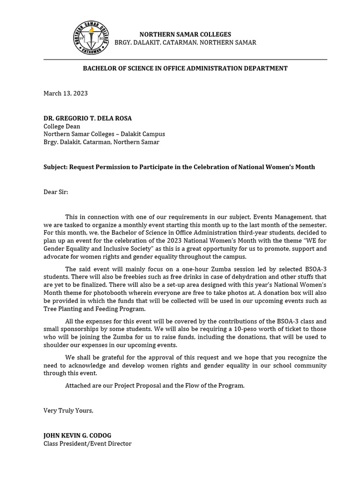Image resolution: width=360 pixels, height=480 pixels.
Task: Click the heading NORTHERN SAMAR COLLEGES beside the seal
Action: (x=185, y=34)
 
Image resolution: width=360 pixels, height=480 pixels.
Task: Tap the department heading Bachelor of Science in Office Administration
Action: (x=185, y=68)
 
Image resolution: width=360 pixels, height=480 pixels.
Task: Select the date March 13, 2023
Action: (x=66, y=93)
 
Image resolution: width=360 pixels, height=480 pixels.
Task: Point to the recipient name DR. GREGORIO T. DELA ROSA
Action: (x=88, y=118)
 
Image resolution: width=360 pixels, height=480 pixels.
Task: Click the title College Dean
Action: (x=62, y=126)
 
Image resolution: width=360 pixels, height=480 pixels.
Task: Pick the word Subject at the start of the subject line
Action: (x=55, y=167)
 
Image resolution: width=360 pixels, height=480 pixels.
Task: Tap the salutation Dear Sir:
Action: (x=56, y=192)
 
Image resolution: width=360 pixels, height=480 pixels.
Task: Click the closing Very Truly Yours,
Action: (x=68, y=410)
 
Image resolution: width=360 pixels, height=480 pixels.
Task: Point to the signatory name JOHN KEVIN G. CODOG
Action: (x=77, y=435)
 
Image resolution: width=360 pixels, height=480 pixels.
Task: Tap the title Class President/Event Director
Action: (x=88, y=443)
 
